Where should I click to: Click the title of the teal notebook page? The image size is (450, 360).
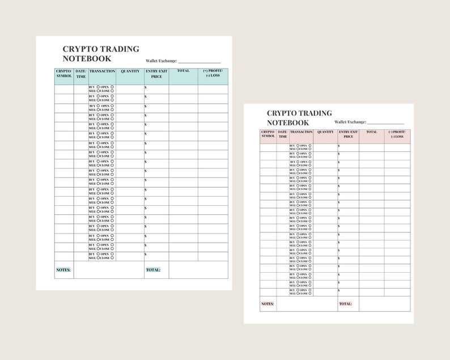pyautogui.click(x=101, y=54)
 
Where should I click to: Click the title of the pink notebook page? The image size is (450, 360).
pyautogui.click(x=299, y=118)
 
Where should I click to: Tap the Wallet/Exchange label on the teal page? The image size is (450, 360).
pyautogui.click(x=162, y=61)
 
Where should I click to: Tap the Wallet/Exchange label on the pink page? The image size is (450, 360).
pyautogui.click(x=350, y=122)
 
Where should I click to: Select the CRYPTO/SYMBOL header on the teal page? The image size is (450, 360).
pyautogui.click(x=64, y=74)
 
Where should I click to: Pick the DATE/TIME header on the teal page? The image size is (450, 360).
pyautogui.click(x=81, y=74)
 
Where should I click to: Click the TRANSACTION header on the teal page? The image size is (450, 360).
pyautogui.click(x=103, y=71)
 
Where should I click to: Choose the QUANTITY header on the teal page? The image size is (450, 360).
pyautogui.click(x=130, y=71)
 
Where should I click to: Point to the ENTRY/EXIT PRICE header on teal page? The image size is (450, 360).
pyautogui.click(x=156, y=74)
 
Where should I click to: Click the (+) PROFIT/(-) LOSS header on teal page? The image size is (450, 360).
pyautogui.click(x=213, y=74)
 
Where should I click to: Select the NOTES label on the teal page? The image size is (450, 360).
pyautogui.click(x=63, y=270)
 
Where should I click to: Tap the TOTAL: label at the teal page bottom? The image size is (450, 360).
pyautogui.click(x=153, y=270)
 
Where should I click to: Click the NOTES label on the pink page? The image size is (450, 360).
pyautogui.click(x=268, y=304)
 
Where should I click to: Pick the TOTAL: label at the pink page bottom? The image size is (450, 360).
pyautogui.click(x=345, y=304)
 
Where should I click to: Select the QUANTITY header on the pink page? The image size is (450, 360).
pyautogui.click(x=325, y=132)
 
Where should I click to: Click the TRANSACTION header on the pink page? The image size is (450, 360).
pyautogui.click(x=301, y=132)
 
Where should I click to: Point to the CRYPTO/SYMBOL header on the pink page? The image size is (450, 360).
pyautogui.click(x=268, y=134)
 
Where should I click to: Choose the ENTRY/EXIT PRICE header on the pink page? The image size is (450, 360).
pyautogui.click(x=349, y=134)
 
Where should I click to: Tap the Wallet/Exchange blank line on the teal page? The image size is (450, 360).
pyautogui.click(x=199, y=62)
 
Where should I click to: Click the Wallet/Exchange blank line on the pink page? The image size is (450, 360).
pyautogui.click(x=385, y=123)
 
